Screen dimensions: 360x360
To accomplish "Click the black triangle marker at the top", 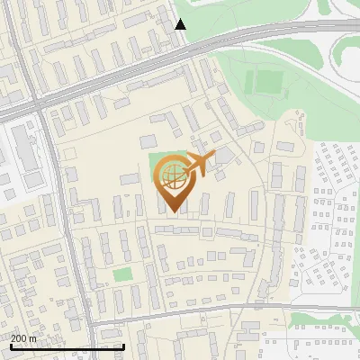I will coord(181,24).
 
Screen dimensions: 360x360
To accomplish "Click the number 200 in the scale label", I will coord(19,337).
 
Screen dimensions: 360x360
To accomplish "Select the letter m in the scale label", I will coord(33,337).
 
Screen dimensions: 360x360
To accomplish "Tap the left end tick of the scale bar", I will coord(10,345).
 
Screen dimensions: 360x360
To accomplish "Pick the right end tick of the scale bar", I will coord(123,345).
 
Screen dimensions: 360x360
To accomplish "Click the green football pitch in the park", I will coord(267,82).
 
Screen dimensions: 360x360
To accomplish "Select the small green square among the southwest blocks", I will coord(123,274).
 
